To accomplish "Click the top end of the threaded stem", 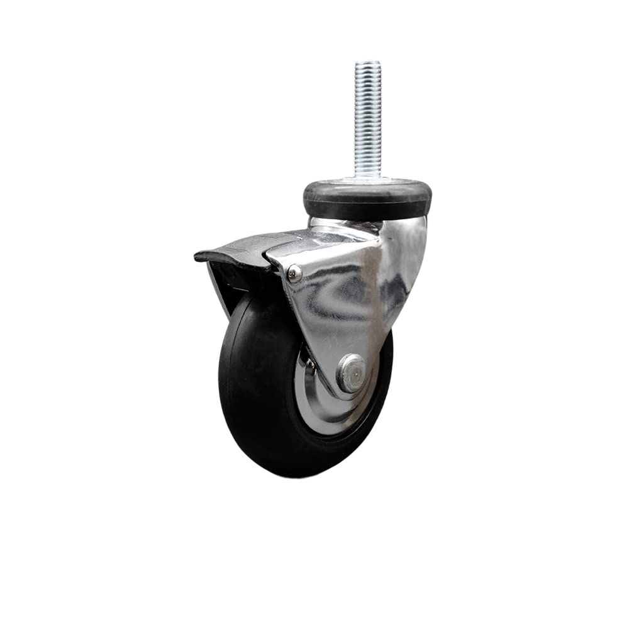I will pyautogui.click(x=367, y=63).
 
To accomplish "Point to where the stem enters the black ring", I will pyautogui.click(x=367, y=179).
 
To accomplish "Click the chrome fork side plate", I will pyautogui.click(x=340, y=296).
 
